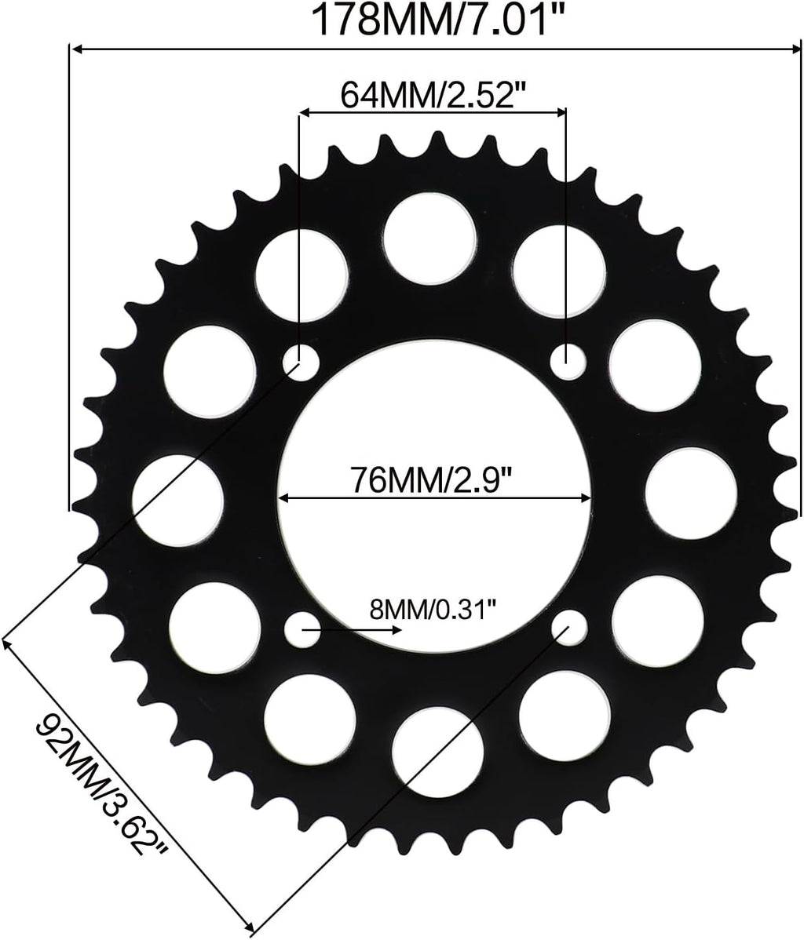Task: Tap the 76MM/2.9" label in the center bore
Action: [433, 479]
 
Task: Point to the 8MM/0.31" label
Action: [433, 610]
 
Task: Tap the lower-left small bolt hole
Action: [302, 628]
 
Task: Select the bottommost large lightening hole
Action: [437, 749]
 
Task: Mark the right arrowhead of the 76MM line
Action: [584, 497]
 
